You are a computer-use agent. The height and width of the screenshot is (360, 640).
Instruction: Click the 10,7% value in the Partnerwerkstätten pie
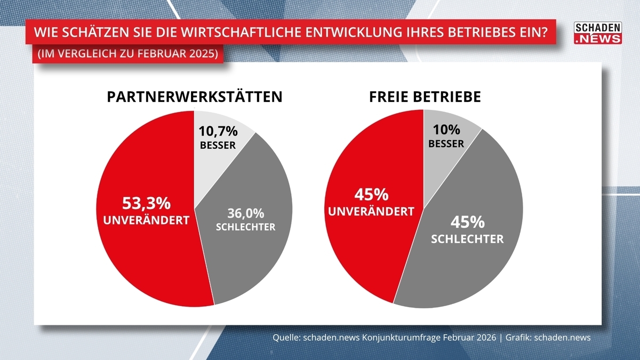pyautogui.click(x=218, y=131)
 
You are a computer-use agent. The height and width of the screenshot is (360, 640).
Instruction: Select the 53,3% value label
pyautogui.click(x=146, y=203)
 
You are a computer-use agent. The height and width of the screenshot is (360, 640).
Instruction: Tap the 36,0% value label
pyautogui.click(x=245, y=213)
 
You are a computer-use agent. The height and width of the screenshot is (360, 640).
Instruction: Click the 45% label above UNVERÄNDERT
pyautogui.click(x=371, y=194)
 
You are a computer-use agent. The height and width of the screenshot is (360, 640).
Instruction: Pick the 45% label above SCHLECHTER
pyautogui.click(x=467, y=221)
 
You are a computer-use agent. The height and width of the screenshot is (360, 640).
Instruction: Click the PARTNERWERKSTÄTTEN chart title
pyautogui.click(x=194, y=97)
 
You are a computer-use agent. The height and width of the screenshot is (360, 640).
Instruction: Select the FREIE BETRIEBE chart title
pyautogui.click(x=425, y=97)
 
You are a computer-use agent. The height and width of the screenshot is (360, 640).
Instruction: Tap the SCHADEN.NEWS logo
pyautogui.click(x=597, y=33)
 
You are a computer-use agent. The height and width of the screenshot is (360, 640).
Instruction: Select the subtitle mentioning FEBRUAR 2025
pyautogui.click(x=128, y=54)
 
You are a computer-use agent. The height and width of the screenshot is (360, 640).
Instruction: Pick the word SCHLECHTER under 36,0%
pyautogui.click(x=245, y=227)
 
